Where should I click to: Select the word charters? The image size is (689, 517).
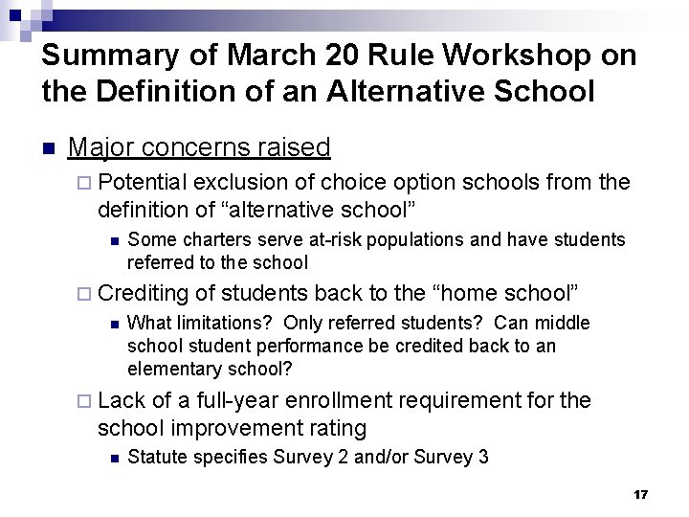(x=202, y=238)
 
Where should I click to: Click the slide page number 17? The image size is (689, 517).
(x=641, y=494)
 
